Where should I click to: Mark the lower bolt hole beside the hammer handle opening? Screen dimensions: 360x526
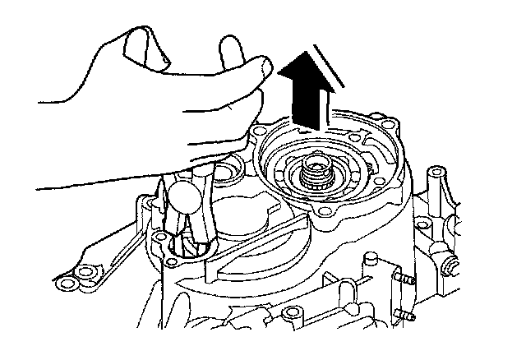click(x=171, y=262)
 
